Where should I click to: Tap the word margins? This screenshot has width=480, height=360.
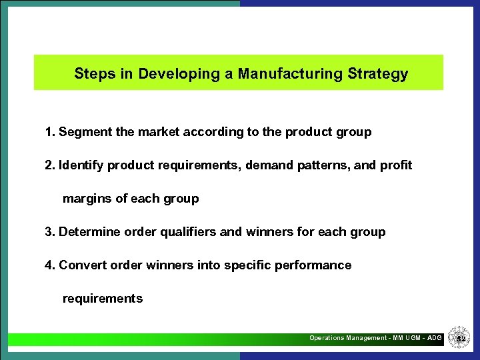[85, 199]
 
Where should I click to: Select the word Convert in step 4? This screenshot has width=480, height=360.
[81, 265]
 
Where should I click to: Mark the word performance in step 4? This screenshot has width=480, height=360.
[316, 265]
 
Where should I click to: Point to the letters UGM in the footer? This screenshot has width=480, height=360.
[411, 338]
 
